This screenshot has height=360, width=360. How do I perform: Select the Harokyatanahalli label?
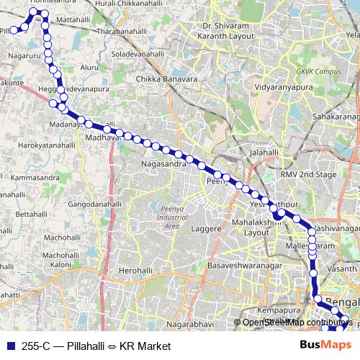pyautogui.click(x=48, y=145)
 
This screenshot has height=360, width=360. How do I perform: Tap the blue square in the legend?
pyautogui.click(x=9, y=345)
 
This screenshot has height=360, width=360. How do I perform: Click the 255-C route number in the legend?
pyautogui.click(x=35, y=345)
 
